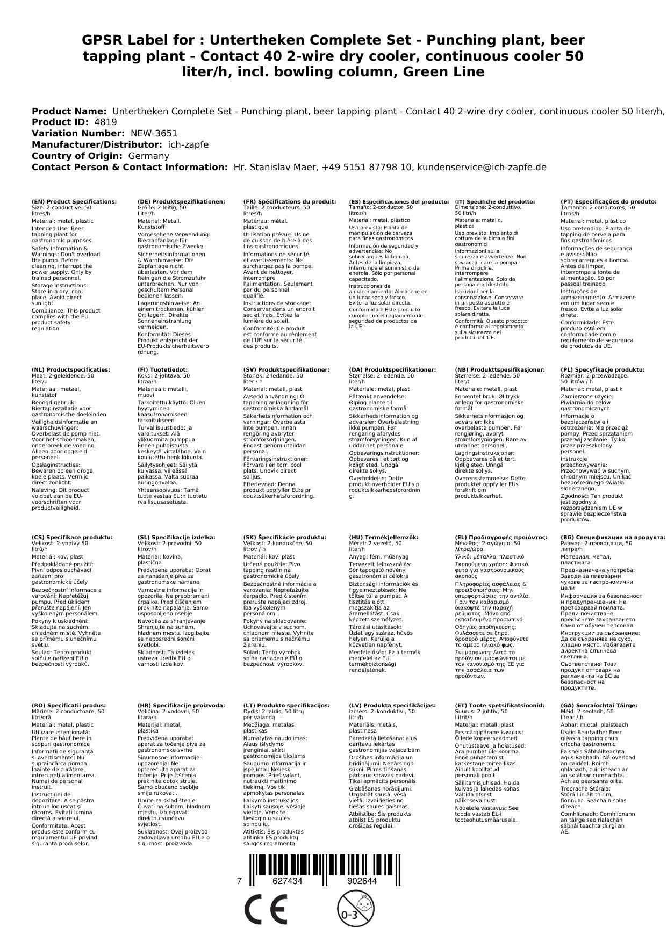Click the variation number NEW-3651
[154, 134]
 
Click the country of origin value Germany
[148, 156]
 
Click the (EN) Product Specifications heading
[74, 202]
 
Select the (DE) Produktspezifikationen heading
[181, 202]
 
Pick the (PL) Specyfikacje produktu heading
[603, 370]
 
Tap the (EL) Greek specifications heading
[501, 538]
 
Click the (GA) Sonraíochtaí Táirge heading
[599, 706]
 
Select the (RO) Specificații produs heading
[69, 706]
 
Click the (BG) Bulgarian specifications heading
[613, 538]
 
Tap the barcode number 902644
[362, 881]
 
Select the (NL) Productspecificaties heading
[71, 370]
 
